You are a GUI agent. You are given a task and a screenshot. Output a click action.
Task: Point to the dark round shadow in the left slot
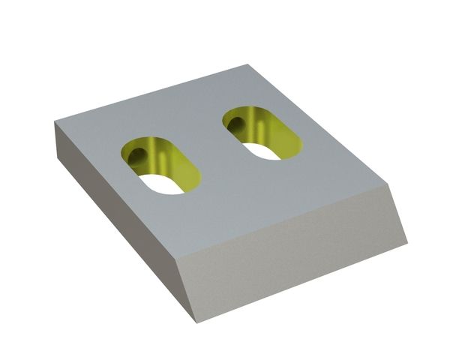click(138, 154)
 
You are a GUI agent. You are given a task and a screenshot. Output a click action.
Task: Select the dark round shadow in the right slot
click(236, 121)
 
